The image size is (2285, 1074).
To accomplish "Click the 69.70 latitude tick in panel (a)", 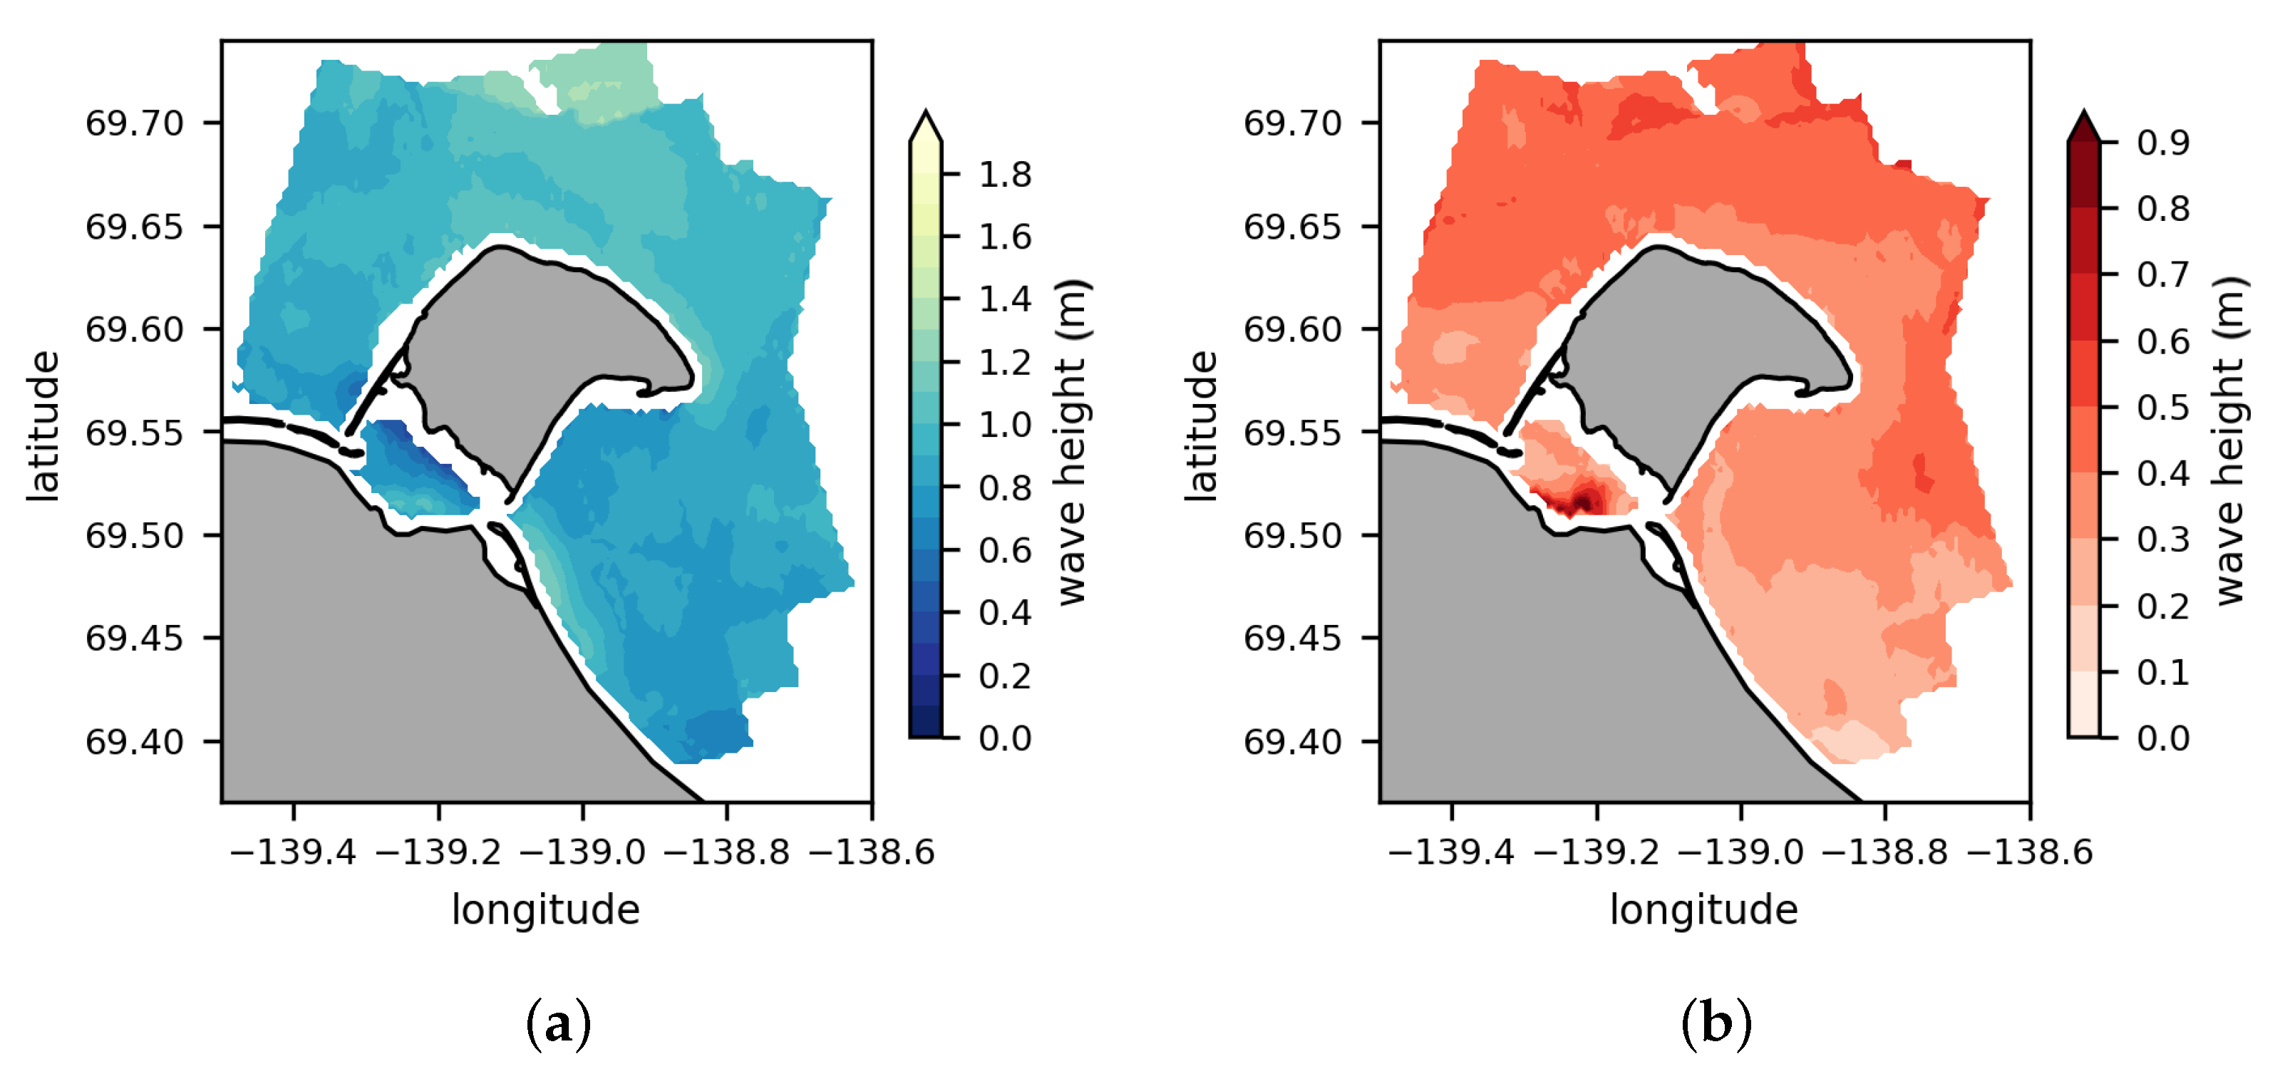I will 134,123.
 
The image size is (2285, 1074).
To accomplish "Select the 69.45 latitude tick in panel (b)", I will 1292,638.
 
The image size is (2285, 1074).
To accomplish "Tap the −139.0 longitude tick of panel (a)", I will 582,852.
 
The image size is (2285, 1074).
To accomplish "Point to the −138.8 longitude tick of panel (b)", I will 1885,852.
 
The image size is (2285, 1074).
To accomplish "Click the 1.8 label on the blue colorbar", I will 1004,175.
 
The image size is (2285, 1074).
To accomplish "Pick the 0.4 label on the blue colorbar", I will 1004,613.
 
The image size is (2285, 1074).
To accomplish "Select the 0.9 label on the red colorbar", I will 2162,142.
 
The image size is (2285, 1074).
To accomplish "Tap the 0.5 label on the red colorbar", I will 2162,407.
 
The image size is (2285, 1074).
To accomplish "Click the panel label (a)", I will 558,1024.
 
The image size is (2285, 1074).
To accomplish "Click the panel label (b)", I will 1716,1024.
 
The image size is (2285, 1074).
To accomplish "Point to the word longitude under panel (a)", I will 545,910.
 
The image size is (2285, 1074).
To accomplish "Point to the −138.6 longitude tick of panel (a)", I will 872,852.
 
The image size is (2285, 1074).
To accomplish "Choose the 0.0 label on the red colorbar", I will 2162,738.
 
